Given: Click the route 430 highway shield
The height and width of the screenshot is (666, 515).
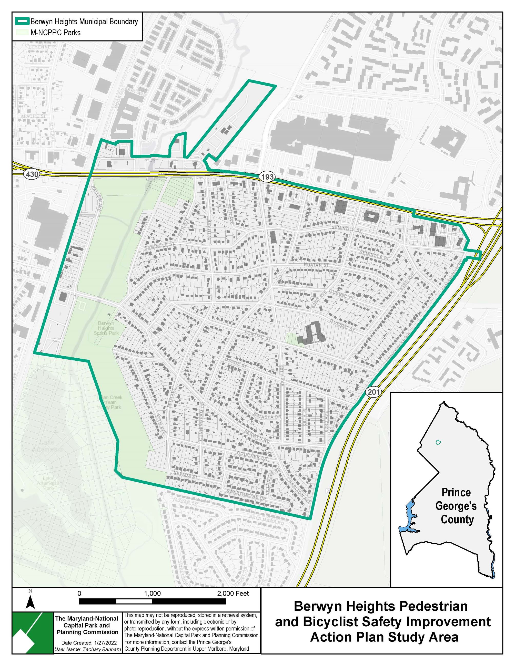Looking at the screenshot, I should tap(32, 174).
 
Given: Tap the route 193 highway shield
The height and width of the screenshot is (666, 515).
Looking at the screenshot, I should tap(267, 176).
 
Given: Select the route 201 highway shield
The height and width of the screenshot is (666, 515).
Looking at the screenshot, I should tap(373, 392).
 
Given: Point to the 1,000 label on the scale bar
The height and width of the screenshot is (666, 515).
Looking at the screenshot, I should tap(152, 594).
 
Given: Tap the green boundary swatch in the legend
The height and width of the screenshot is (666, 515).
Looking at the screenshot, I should tap(22, 21).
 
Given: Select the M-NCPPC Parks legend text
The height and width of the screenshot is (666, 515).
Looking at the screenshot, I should tap(56, 33).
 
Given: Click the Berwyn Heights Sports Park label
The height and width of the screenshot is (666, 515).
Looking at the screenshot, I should tap(106, 328).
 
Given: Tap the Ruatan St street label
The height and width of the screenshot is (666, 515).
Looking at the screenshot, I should tap(316, 265).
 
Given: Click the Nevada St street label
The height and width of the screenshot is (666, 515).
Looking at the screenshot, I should tap(186, 474).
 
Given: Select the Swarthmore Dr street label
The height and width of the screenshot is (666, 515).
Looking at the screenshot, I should tap(246, 495).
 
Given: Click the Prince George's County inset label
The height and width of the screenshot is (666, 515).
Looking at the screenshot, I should tap(456, 506).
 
